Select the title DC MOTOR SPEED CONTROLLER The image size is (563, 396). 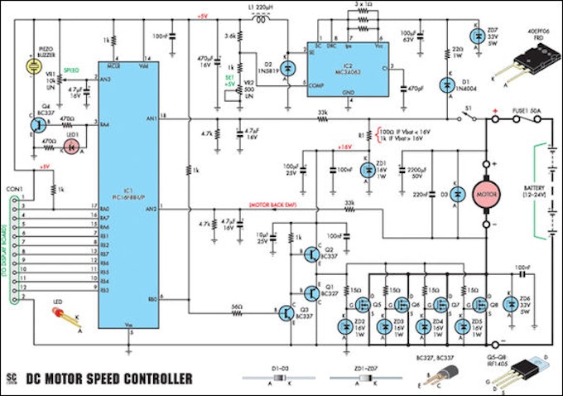(x=109, y=379)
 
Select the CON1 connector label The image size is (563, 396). (x=16, y=190)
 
